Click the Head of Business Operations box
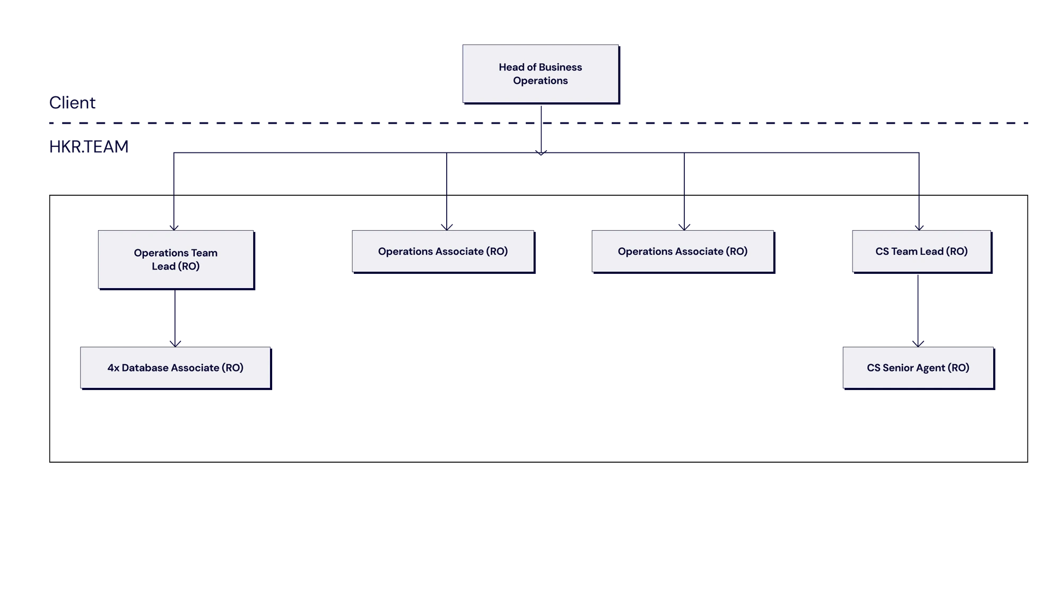(541, 74)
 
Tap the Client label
(72, 102)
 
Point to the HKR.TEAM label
(89, 146)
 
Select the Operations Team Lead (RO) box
(176, 259)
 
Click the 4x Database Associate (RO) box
(176, 368)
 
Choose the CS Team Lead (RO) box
(922, 252)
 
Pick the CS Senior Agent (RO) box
(918, 368)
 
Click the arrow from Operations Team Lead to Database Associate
(175, 318)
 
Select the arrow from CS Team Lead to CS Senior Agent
(918, 310)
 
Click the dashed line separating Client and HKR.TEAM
(538, 123)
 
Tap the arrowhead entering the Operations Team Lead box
(174, 228)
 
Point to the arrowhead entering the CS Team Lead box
(919, 228)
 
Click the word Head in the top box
(511, 67)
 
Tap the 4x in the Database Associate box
(114, 368)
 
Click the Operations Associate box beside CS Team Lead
(683, 252)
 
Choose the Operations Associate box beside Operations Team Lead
(443, 252)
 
